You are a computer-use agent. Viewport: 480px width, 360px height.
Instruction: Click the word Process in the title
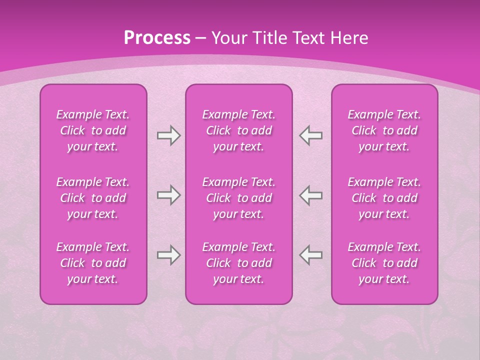point(157,38)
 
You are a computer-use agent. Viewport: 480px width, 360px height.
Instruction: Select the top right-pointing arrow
point(168,135)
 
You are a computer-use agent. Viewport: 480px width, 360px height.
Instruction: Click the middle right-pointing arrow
point(168,195)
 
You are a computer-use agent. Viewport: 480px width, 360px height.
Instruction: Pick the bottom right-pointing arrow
point(168,255)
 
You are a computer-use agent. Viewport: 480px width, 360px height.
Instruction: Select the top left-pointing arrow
point(311,135)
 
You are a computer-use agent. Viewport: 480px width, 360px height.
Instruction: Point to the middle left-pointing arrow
point(311,195)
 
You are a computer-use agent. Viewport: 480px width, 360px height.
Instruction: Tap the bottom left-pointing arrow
point(311,255)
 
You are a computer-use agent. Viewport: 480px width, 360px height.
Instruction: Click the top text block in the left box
point(93,130)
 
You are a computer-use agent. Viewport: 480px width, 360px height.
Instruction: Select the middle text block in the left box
point(93,198)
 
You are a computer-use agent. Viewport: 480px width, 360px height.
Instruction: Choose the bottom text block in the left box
point(93,263)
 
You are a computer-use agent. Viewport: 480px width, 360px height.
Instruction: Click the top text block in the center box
point(238,130)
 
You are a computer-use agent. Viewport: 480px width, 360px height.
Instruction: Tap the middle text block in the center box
point(238,198)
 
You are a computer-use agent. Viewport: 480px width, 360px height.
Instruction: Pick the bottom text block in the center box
point(238,263)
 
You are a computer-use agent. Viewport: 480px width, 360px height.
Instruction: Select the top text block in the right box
point(384,130)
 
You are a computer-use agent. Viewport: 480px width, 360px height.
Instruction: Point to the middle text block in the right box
point(384,198)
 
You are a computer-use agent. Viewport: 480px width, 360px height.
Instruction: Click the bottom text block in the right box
point(384,263)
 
